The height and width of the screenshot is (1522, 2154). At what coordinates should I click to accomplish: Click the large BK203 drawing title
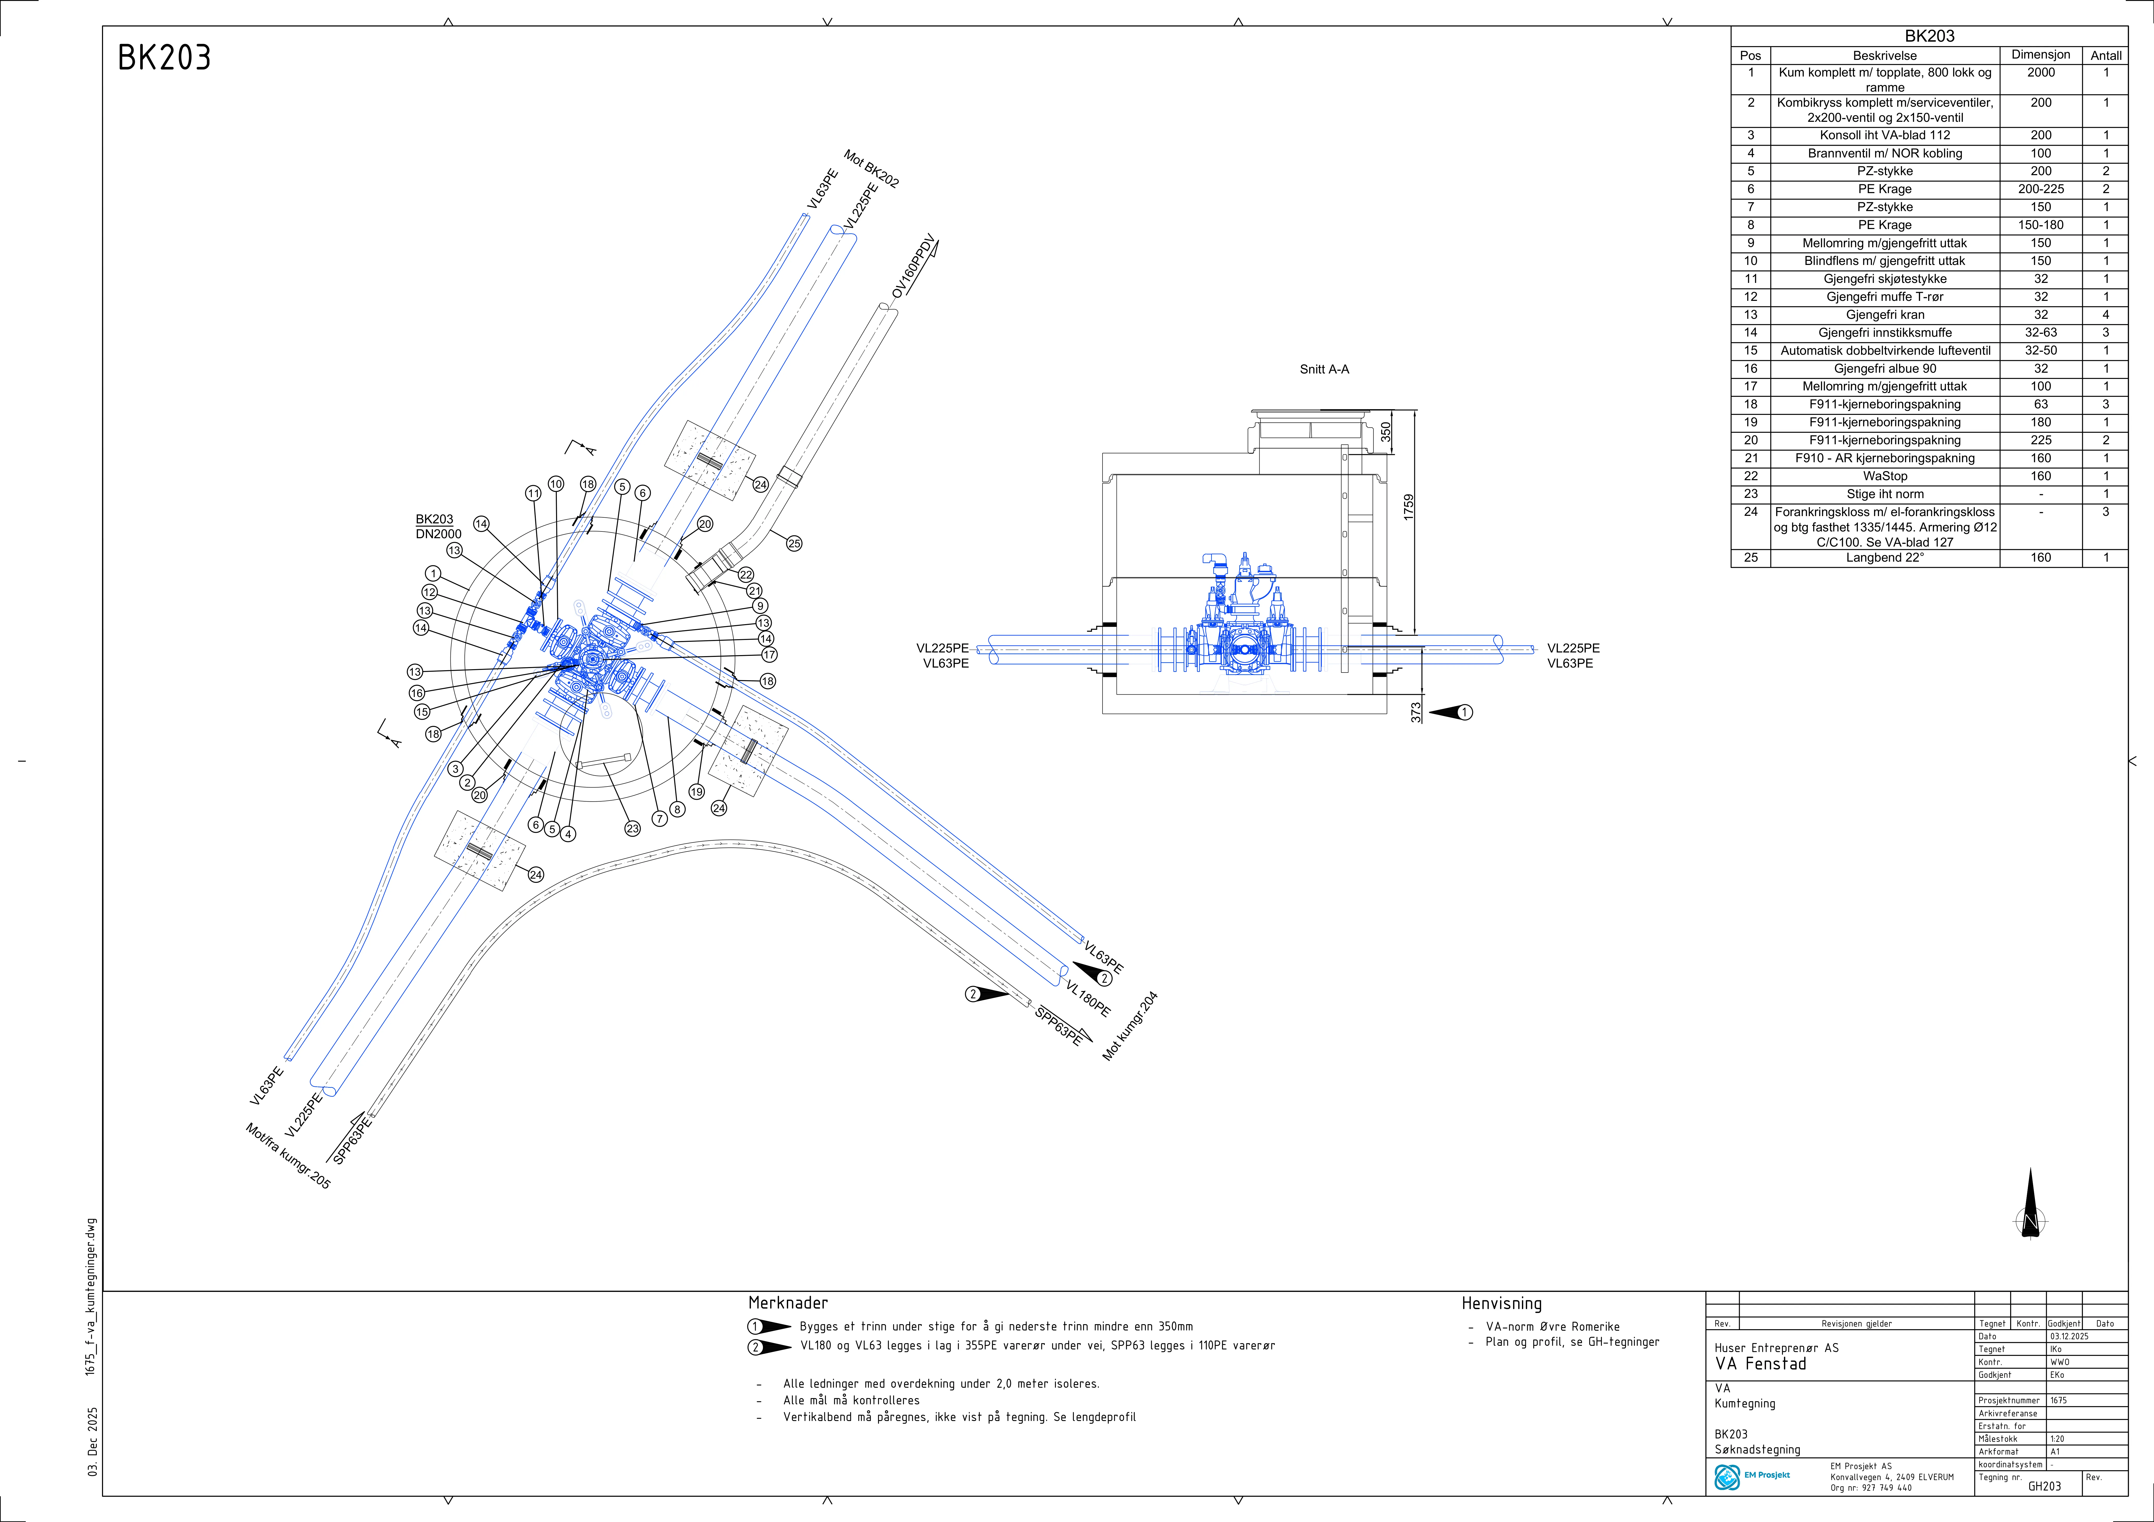pos(164,58)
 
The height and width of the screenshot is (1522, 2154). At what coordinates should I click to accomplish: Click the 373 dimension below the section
pos(1416,712)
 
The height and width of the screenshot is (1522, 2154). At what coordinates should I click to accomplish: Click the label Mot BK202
pos(871,169)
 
